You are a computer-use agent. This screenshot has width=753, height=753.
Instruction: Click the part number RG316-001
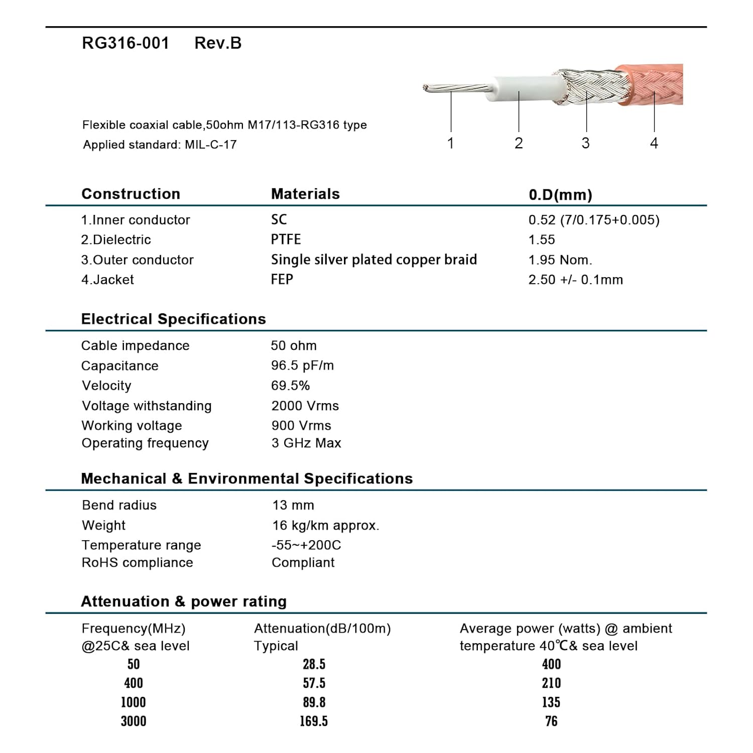125,43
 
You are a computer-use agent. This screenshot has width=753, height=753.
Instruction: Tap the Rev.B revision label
218,43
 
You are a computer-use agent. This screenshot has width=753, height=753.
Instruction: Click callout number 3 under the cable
585,143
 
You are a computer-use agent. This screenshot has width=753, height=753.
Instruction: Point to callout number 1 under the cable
450,143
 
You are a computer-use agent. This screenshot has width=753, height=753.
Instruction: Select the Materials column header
305,194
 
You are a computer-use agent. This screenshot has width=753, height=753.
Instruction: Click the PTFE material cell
286,239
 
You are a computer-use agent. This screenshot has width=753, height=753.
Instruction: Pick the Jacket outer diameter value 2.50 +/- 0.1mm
575,280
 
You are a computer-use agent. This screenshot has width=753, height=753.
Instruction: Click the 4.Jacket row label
107,280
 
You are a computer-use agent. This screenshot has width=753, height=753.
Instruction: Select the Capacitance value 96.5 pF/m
302,365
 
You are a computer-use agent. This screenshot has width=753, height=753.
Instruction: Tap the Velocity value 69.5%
290,386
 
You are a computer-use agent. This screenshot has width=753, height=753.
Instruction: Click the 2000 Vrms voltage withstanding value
305,406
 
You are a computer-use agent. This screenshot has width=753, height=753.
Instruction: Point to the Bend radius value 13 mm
293,505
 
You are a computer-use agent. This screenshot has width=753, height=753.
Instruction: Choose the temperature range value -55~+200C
306,545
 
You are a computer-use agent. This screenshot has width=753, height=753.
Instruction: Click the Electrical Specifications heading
173,319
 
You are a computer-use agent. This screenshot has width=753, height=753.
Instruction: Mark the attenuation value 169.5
314,721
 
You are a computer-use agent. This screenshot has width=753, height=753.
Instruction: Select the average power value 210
551,683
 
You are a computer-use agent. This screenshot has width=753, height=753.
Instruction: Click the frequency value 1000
134,702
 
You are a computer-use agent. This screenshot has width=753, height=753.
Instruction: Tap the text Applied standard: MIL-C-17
160,145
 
